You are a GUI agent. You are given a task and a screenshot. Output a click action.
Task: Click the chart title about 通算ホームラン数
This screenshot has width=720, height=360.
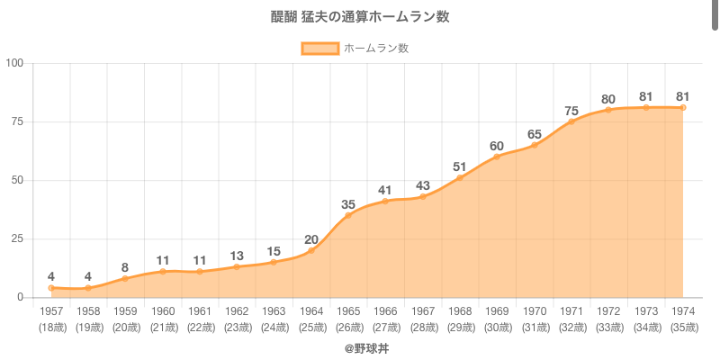click(x=360, y=17)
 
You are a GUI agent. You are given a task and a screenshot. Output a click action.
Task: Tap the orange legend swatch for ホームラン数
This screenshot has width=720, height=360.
click(x=319, y=49)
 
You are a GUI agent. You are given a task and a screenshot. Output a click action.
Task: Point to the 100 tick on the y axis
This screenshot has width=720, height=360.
click(x=15, y=63)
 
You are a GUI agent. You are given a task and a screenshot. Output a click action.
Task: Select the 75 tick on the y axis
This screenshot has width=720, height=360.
click(x=18, y=121)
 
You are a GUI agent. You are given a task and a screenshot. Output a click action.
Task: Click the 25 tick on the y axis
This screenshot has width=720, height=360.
click(x=18, y=238)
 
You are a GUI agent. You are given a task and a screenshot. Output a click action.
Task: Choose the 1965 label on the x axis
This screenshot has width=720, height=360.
click(x=348, y=310)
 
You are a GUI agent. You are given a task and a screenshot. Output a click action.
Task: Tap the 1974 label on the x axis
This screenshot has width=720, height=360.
click(x=683, y=310)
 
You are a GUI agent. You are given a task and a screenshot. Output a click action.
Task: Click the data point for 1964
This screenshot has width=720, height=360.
click(x=311, y=250)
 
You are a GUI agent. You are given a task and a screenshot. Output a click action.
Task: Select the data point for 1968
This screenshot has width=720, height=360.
click(x=460, y=177)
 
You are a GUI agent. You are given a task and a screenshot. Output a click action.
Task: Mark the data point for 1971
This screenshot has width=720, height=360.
click(x=571, y=121)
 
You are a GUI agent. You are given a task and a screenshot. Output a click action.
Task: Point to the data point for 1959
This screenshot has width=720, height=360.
click(x=125, y=278)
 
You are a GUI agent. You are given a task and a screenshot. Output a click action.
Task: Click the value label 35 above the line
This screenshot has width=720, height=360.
click(x=348, y=204)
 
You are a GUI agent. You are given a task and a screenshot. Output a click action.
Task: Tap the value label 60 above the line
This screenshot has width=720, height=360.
click(x=497, y=146)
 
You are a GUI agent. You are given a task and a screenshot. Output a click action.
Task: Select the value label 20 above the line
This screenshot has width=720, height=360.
click(x=311, y=239)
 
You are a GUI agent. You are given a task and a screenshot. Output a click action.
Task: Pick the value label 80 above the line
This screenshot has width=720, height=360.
click(x=608, y=99)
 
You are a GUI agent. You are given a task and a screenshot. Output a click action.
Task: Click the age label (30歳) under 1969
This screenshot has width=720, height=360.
click(x=497, y=327)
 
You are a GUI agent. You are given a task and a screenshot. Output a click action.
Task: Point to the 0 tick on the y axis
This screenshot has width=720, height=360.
click(x=21, y=297)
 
